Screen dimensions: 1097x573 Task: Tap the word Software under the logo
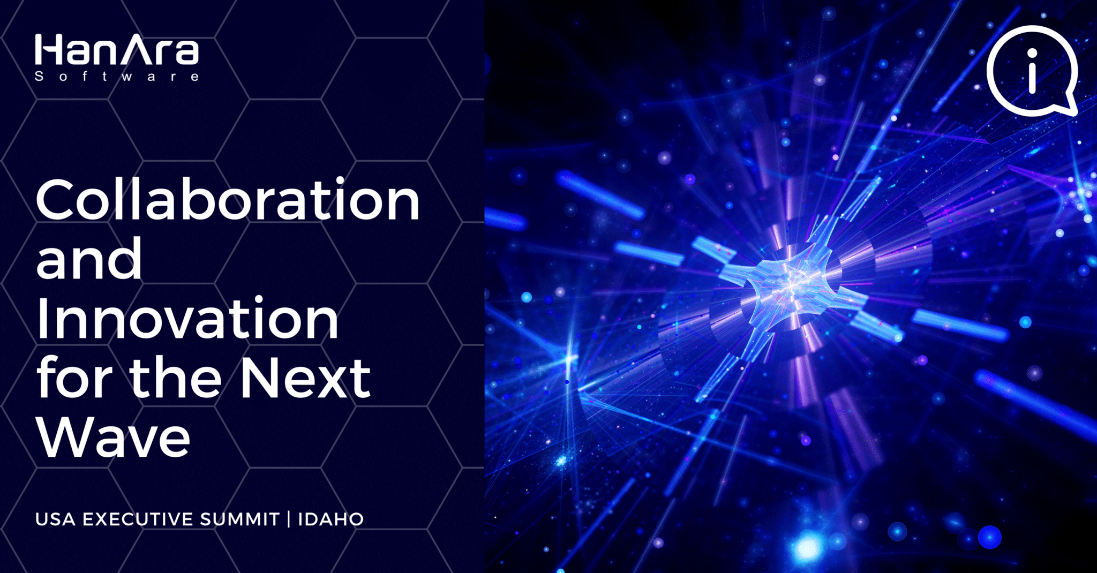point(117,77)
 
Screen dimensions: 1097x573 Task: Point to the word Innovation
point(187,319)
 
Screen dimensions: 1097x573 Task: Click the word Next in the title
point(305,378)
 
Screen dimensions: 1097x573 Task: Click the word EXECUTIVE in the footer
point(138,519)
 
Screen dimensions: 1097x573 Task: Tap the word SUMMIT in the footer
point(240,519)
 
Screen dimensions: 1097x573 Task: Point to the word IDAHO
point(331,519)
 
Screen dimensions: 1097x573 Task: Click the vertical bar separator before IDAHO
point(289,519)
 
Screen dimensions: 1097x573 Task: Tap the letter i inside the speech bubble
point(1032,71)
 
